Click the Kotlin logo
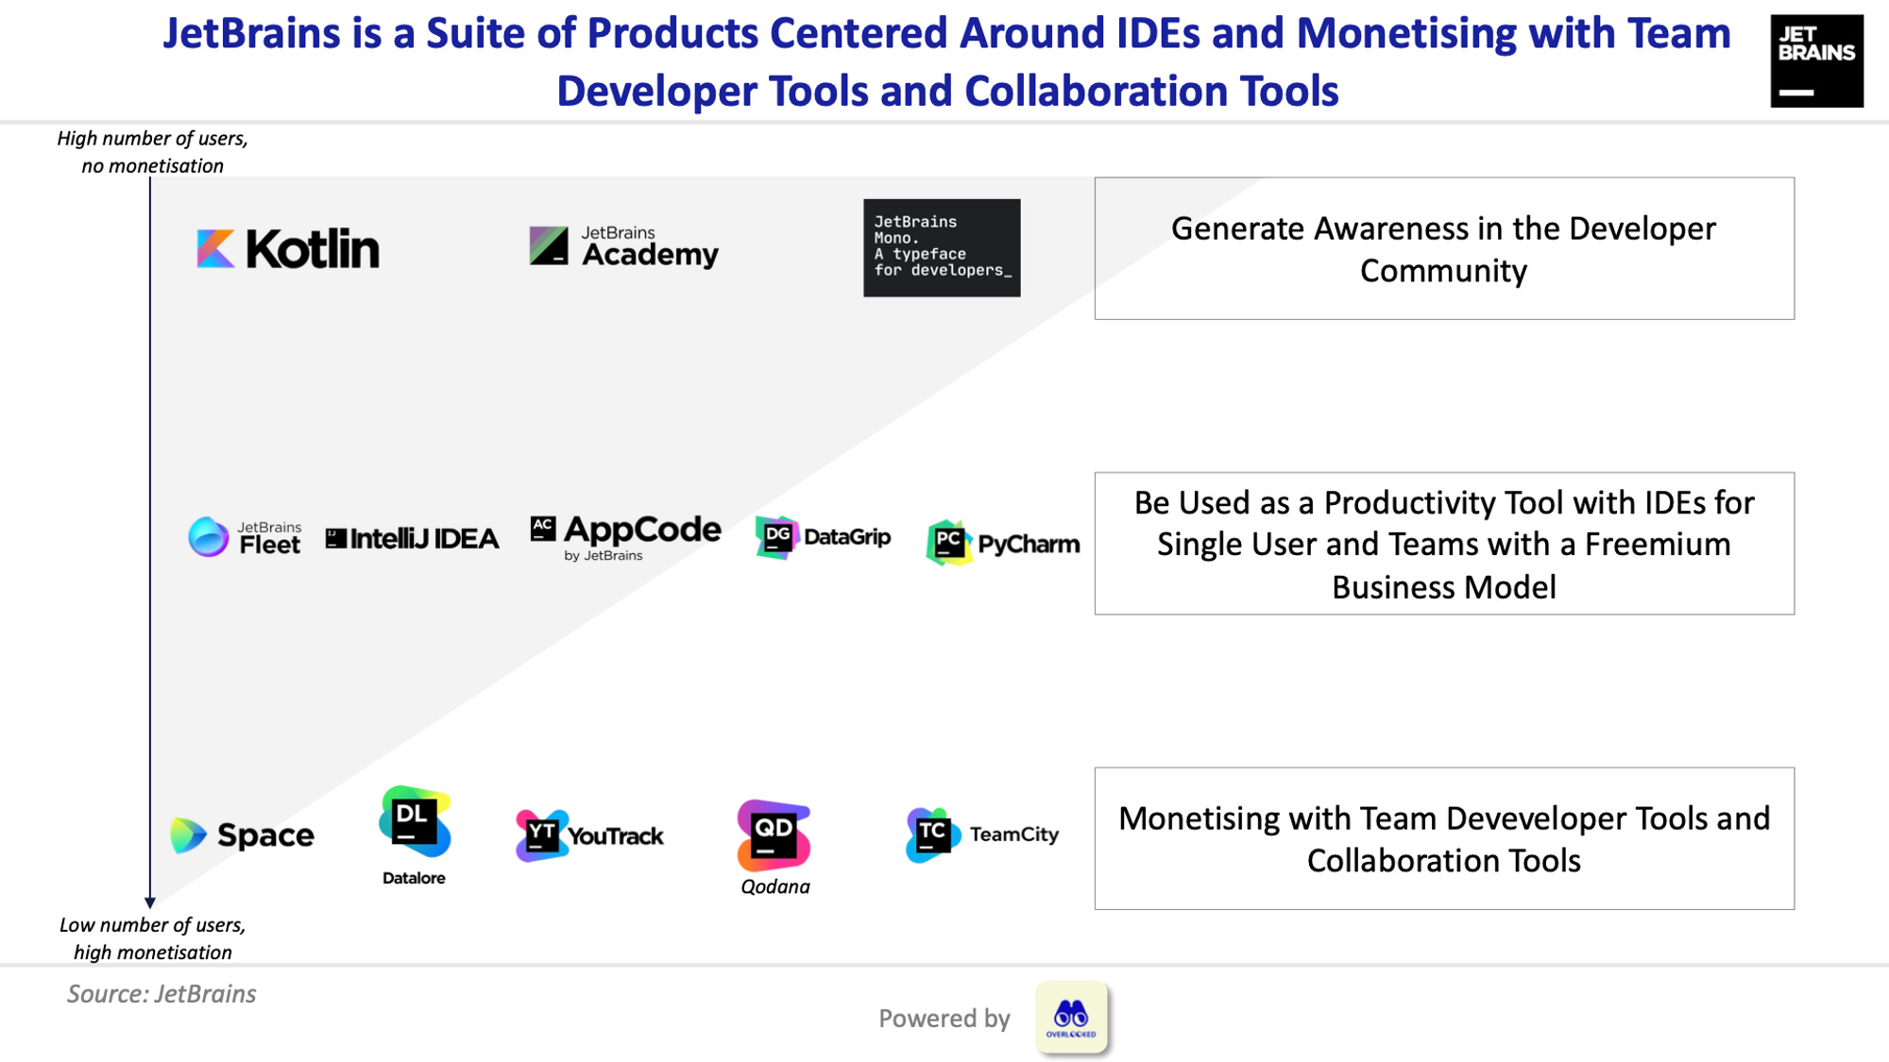point(288,249)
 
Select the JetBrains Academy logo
point(624,247)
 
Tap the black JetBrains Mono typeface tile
point(942,247)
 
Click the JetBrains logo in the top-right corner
point(1815,61)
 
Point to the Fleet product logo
point(245,538)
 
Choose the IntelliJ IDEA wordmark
point(413,539)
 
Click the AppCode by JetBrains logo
point(625,536)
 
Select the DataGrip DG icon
point(776,537)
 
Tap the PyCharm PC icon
point(948,543)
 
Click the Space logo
point(243,835)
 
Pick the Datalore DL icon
point(414,821)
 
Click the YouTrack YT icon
point(541,835)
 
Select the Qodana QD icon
point(774,834)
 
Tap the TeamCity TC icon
point(931,834)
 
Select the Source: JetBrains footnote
point(162,994)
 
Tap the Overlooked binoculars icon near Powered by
point(1071,1017)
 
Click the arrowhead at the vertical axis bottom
point(149,902)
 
